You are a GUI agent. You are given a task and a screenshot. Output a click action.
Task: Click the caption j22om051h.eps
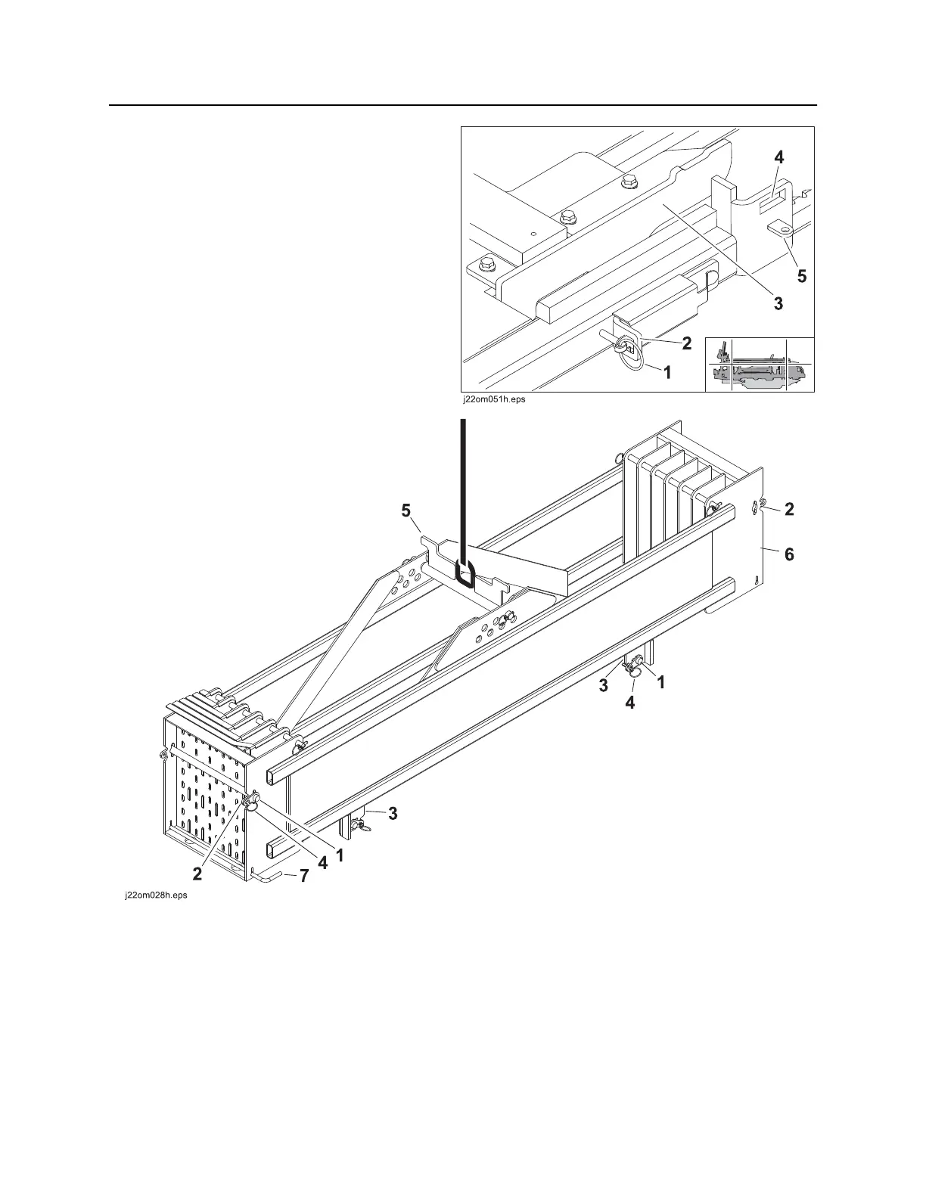[x=493, y=401]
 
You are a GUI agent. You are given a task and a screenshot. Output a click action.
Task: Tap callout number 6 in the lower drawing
[x=789, y=554]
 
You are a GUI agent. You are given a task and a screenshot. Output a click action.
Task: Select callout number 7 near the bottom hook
[x=304, y=876]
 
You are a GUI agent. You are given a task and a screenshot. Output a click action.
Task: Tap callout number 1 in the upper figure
[x=667, y=373]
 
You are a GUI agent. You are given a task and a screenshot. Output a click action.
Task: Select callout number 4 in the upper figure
[x=778, y=158]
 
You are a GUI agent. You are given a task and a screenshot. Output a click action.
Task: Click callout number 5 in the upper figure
[x=800, y=276]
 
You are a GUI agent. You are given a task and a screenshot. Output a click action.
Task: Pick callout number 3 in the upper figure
[x=777, y=303]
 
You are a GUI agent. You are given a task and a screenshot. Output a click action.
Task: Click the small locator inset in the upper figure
[x=760, y=365]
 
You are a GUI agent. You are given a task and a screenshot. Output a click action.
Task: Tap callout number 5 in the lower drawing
[x=406, y=511]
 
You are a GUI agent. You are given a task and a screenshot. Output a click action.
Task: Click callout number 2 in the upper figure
[x=686, y=343]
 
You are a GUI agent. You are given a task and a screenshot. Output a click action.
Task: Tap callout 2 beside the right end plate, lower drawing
[x=789, y=509]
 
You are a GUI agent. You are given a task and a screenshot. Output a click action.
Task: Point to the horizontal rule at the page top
[x=463, y=105]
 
